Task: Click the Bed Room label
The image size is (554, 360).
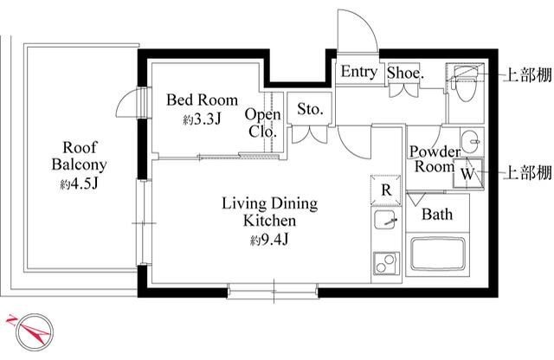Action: pos(202,100)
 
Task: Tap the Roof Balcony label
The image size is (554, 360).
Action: pos(79,156)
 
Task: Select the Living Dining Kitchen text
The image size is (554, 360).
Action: pos(269,212)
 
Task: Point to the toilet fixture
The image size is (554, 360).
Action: pos(465,84)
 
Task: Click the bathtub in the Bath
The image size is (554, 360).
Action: pos(438,254)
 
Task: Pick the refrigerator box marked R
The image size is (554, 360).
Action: pos(386,190)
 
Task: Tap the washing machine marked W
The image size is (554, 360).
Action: pos(468,173)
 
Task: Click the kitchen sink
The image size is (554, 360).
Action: pos(386,220)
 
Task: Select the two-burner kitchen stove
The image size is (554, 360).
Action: pos(386,263)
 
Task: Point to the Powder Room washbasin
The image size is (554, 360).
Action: pos(471,141)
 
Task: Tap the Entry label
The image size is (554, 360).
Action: pos(359,72)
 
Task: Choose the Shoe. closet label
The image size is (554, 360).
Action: pos(405,73)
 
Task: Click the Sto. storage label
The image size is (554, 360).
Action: pos(310,109)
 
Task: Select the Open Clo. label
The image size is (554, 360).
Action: pos(263,123)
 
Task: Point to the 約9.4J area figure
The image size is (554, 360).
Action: pos(269,241)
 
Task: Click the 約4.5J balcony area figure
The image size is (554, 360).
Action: pos(79,184)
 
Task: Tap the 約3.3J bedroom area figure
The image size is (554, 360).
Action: pos(202,119)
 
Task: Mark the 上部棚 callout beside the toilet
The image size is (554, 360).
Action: pos(527,75)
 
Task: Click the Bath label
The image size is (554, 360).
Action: pos(437,215)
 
